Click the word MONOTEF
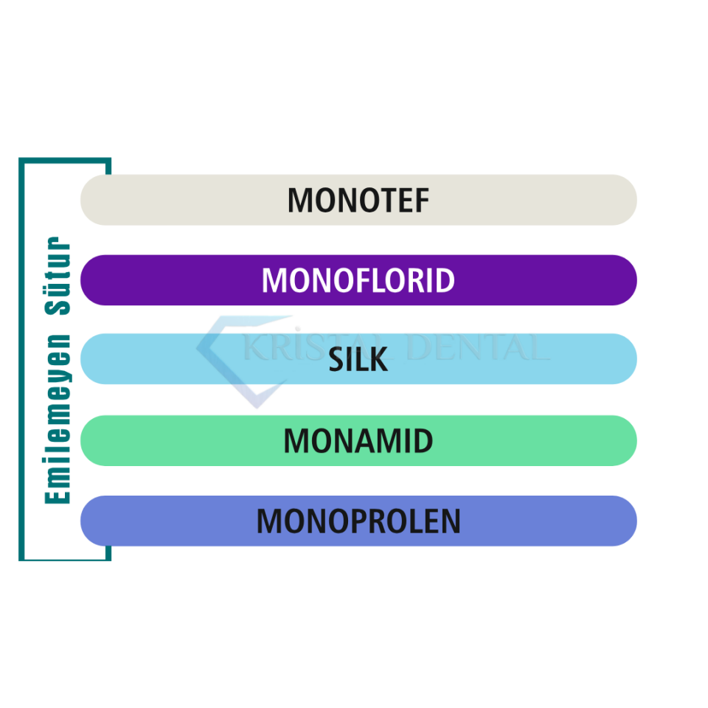[x=358, y=201]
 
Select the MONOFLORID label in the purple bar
[x=358, y=280]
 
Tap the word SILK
[x=358, y=360]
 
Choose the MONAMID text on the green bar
[x=358, y=441]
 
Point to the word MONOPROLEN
[x=358, y=521]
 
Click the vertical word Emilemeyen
[x=58, y=419]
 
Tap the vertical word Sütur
[x=58, y=276]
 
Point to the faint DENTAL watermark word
[x=478, y=347]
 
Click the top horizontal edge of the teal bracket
[x=65, y=160]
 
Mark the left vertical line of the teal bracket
[x=21, y=359]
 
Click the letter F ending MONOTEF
[x=422, y=201]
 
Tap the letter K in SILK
[x=378, y=360]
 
